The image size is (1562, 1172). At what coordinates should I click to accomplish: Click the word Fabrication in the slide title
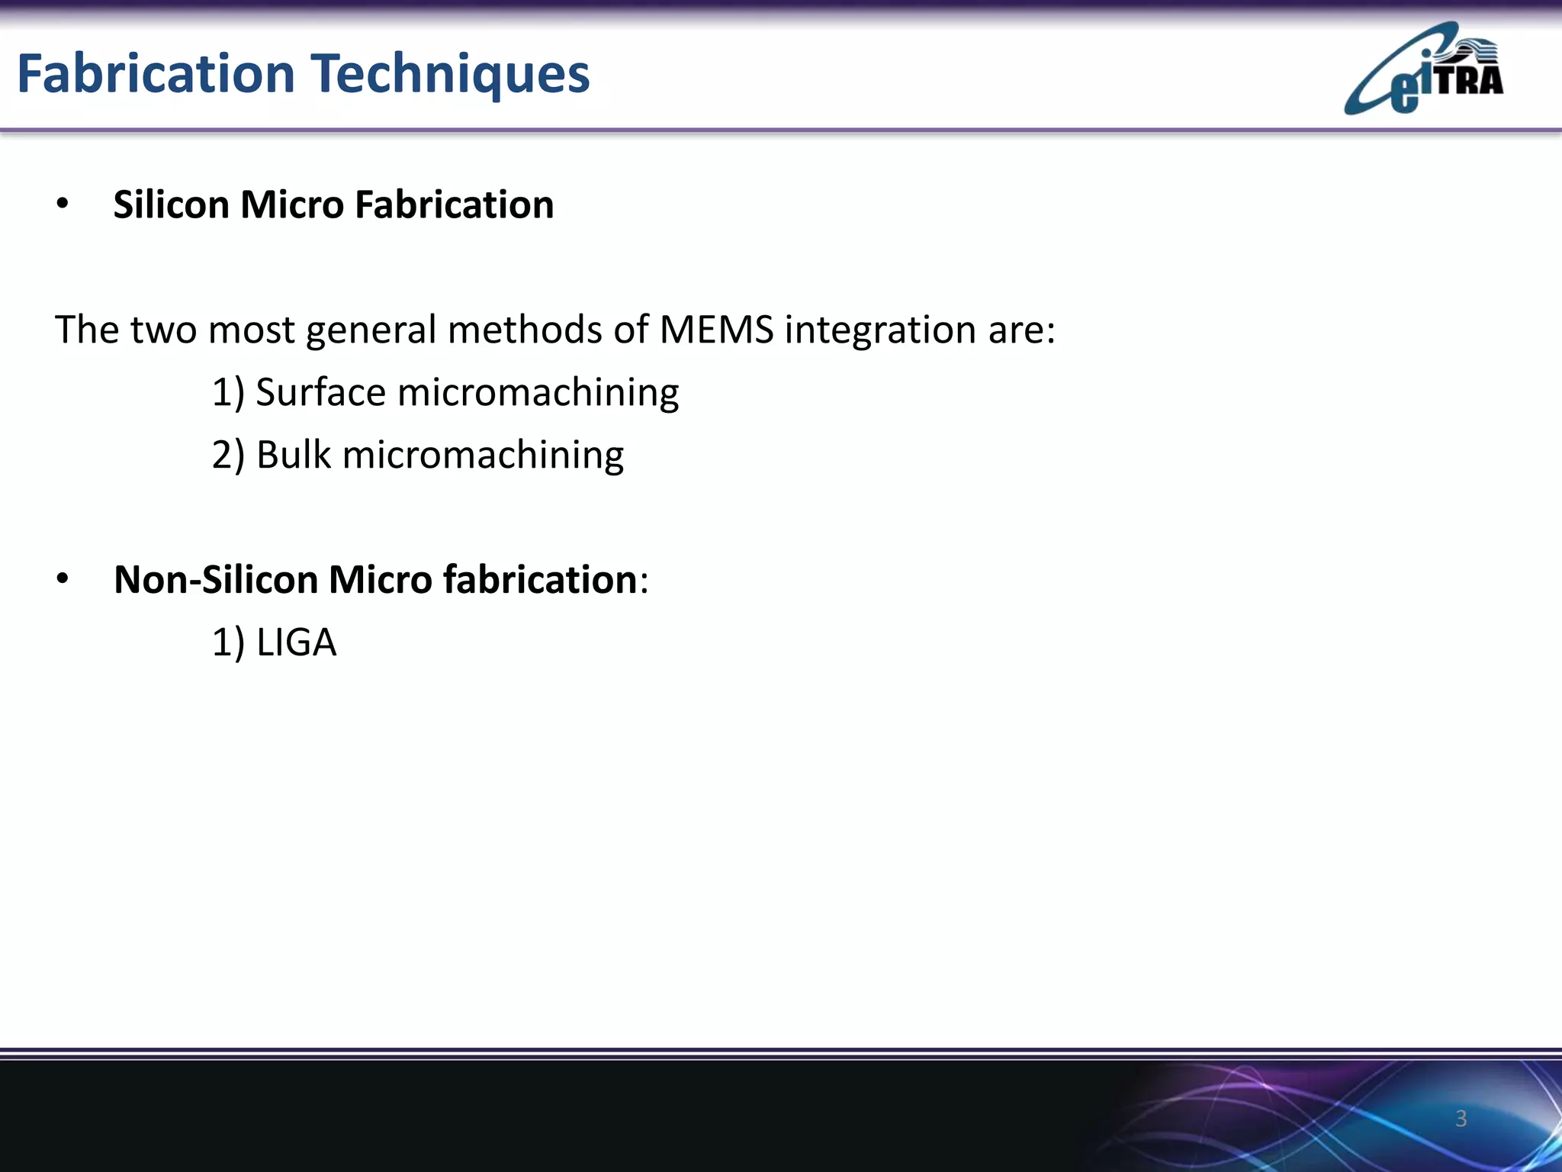pyautogui.click(x=156, y=74)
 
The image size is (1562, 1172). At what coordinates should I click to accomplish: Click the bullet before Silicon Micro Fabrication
pyautogui.click(x=63, y=204)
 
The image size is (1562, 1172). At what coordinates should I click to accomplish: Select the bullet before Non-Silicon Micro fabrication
pyautogui.click(x=63, y=580)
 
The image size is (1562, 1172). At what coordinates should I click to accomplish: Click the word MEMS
pyautogui.click(x=716, y=330)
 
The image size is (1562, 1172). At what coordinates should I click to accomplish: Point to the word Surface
pyautogui.click(x=320, y=393)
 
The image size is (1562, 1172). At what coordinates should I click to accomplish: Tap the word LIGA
pyautogui.click(x=296, y=642)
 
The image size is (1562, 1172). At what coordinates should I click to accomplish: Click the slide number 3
pyautogui.click(x=1461, y=1118)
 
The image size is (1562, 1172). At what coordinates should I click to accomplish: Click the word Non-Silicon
pyautogui.click(x=215, y=580)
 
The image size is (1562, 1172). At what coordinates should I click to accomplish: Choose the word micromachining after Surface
pyautogui.click(x=538, y=393)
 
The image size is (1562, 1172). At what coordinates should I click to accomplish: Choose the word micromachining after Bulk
pyautogui.click(x=483, y=456)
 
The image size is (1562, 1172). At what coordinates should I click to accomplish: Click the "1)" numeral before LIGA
pyautogui.click(x=228, y=642)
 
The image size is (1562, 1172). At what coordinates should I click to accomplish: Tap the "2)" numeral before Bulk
pyautogui.click(x=228, y=456)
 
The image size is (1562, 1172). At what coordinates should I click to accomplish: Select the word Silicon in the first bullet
pyautogui.click(x=171, y=204)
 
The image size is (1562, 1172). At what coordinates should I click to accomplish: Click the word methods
pyautogui.click(x=546, y=330)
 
